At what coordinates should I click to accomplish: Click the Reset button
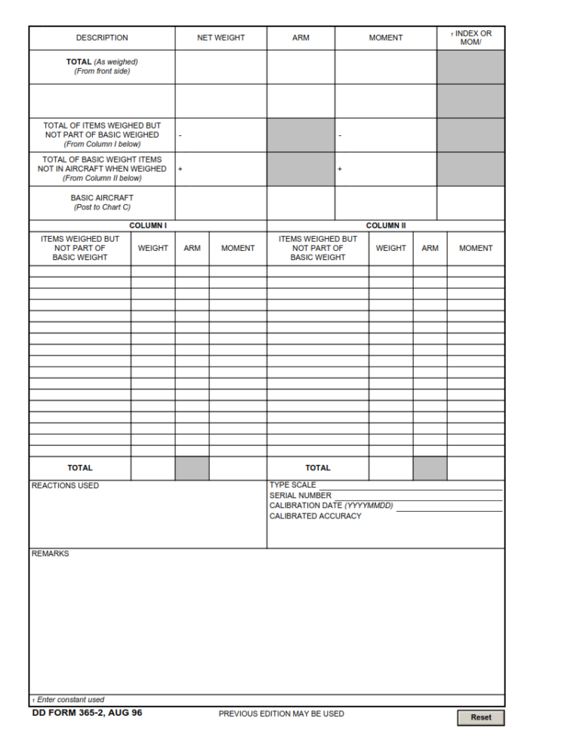click(480, 717)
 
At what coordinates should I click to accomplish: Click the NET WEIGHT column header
click(221, 38)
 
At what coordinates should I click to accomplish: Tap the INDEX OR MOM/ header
click(470, 38)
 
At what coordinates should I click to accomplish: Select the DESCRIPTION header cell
click(102, 38)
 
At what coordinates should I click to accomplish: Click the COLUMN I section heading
click(148, 225)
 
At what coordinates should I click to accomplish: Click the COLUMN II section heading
click(386, 225)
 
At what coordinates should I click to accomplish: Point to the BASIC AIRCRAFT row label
click(102, 203)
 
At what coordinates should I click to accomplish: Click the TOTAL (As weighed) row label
click(102, 67)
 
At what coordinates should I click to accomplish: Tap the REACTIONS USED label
click(65, 485)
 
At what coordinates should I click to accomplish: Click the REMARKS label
click(50, 553)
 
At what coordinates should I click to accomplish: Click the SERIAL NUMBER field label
click(300, 496)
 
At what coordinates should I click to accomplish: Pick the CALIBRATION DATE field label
click(331, 506)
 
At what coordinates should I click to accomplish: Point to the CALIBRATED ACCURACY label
click(315, 516)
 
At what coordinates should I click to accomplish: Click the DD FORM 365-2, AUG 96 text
click(87, 713)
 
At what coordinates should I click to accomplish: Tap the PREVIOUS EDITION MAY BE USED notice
click(281, 714)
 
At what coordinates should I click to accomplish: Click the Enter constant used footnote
click(69, 700)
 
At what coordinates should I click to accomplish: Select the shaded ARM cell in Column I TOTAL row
click(192, 468)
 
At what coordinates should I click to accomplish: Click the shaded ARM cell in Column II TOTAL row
click(430, 468)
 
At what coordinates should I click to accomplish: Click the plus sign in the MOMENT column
click(340, 169)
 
